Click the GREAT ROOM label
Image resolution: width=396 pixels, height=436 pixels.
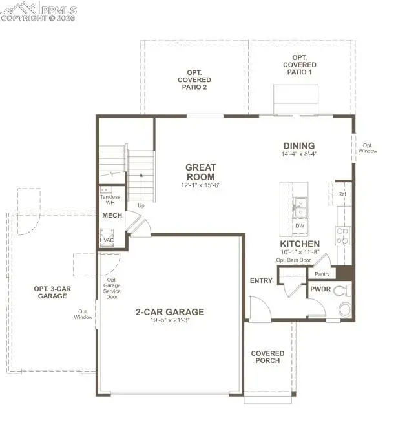[x=201, y=172]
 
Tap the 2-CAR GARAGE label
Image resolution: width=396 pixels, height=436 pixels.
[x=170, y=312]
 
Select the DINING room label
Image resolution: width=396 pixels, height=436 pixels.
[x=298, y=145]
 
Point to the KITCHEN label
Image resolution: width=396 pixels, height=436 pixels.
[x=300, y=244]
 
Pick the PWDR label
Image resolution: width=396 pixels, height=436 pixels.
[x=320, y=291]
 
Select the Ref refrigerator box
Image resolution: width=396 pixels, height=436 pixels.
[x=342, y=193]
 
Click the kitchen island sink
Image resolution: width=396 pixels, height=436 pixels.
[x=300, y=207]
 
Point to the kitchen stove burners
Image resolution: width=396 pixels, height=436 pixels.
[x=343, y=235]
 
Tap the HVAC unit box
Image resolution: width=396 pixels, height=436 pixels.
[x=107, y=240]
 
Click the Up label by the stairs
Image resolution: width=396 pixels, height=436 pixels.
[x=140, y=205]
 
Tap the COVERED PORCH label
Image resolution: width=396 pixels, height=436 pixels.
[x=267, y=357]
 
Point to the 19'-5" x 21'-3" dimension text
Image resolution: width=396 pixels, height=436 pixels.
[x=170, y=322]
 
